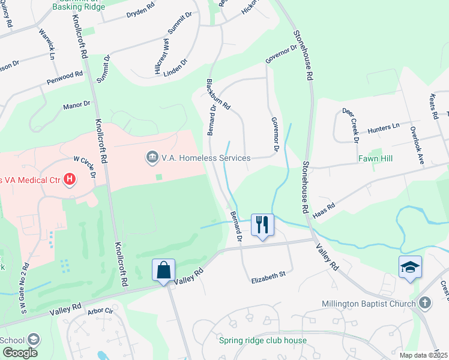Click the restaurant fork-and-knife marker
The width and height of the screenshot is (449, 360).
[x=262, y=224]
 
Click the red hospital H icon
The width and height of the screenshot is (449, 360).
[x=70, y=179]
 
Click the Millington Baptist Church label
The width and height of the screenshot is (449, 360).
[x=369, y=304]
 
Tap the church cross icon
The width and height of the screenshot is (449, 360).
[x=425, y=303]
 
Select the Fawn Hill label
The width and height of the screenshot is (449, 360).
[x=375, y=159]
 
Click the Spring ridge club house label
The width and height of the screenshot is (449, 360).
[x=263, y=341]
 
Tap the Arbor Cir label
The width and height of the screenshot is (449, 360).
[x=100, y=311]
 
